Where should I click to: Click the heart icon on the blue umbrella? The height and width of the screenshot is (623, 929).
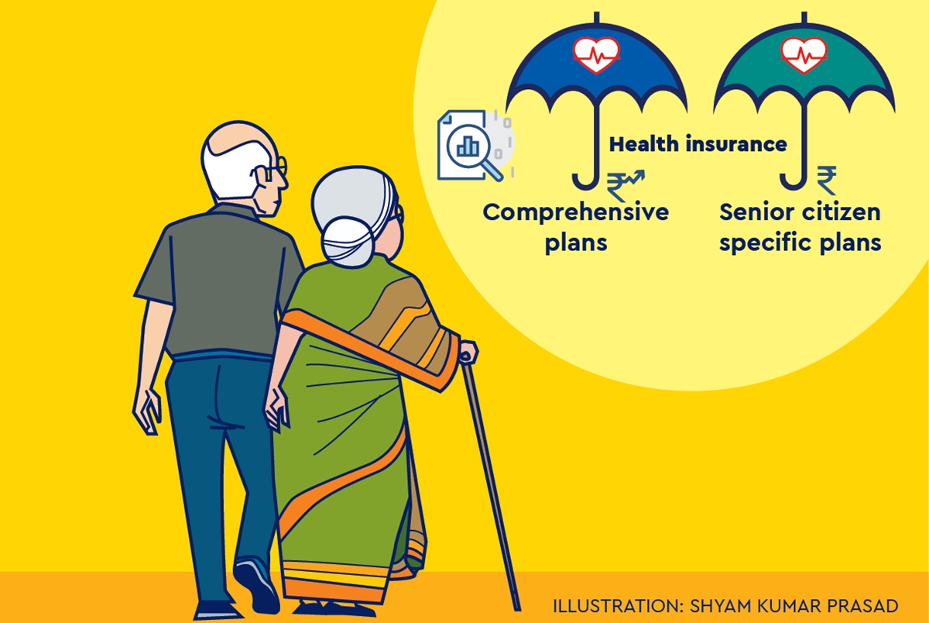(x=597, y=55)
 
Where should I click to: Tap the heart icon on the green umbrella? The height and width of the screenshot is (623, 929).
(x=804, y=55)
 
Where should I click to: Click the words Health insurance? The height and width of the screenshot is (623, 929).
(x=698, y=144)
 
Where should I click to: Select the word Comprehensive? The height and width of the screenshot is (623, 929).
(x=576, y=212)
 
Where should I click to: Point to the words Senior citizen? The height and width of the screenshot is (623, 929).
(x=800, y=212)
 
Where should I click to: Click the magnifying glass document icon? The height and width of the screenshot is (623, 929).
(x=468, y=146)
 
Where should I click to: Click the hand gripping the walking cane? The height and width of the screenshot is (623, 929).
(x=468, y=352)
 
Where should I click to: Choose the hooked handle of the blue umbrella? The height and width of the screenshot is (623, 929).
(x=584, y=181)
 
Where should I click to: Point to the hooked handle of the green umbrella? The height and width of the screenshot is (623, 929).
(x=794, y=181)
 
